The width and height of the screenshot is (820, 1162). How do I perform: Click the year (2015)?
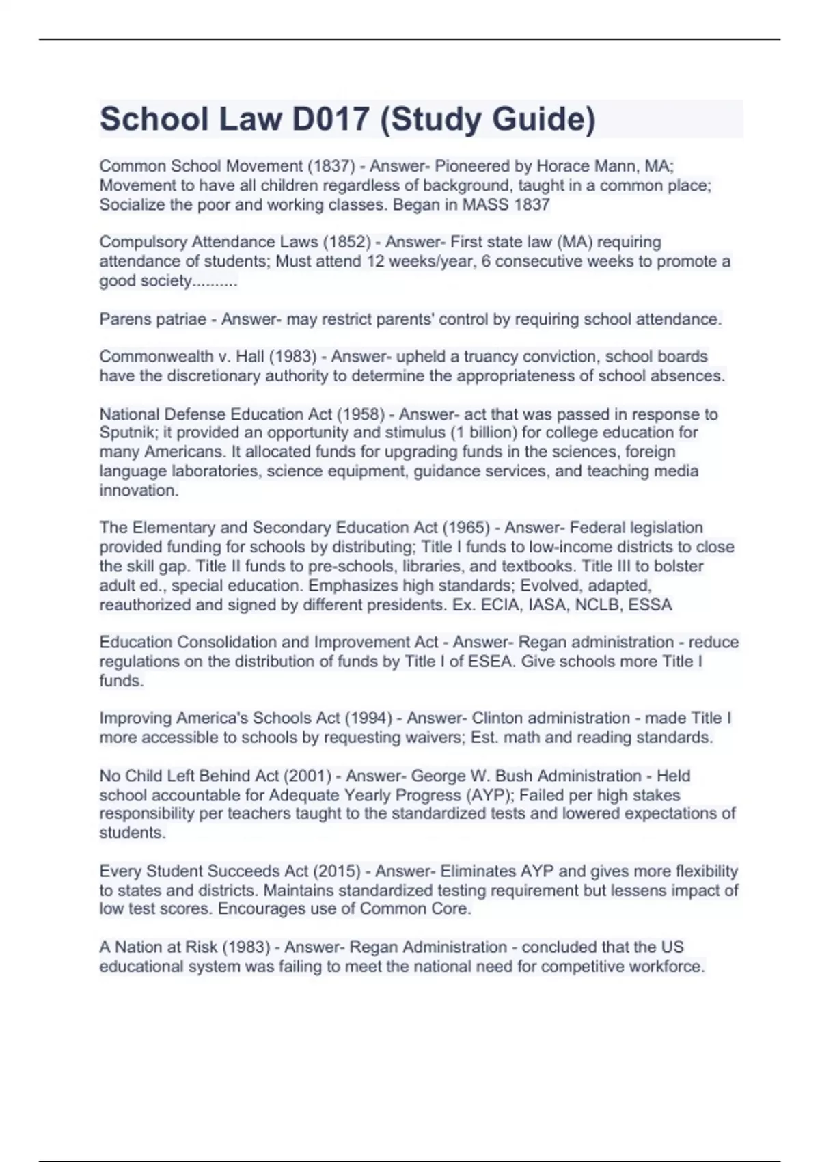click(x=336, y=871)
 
